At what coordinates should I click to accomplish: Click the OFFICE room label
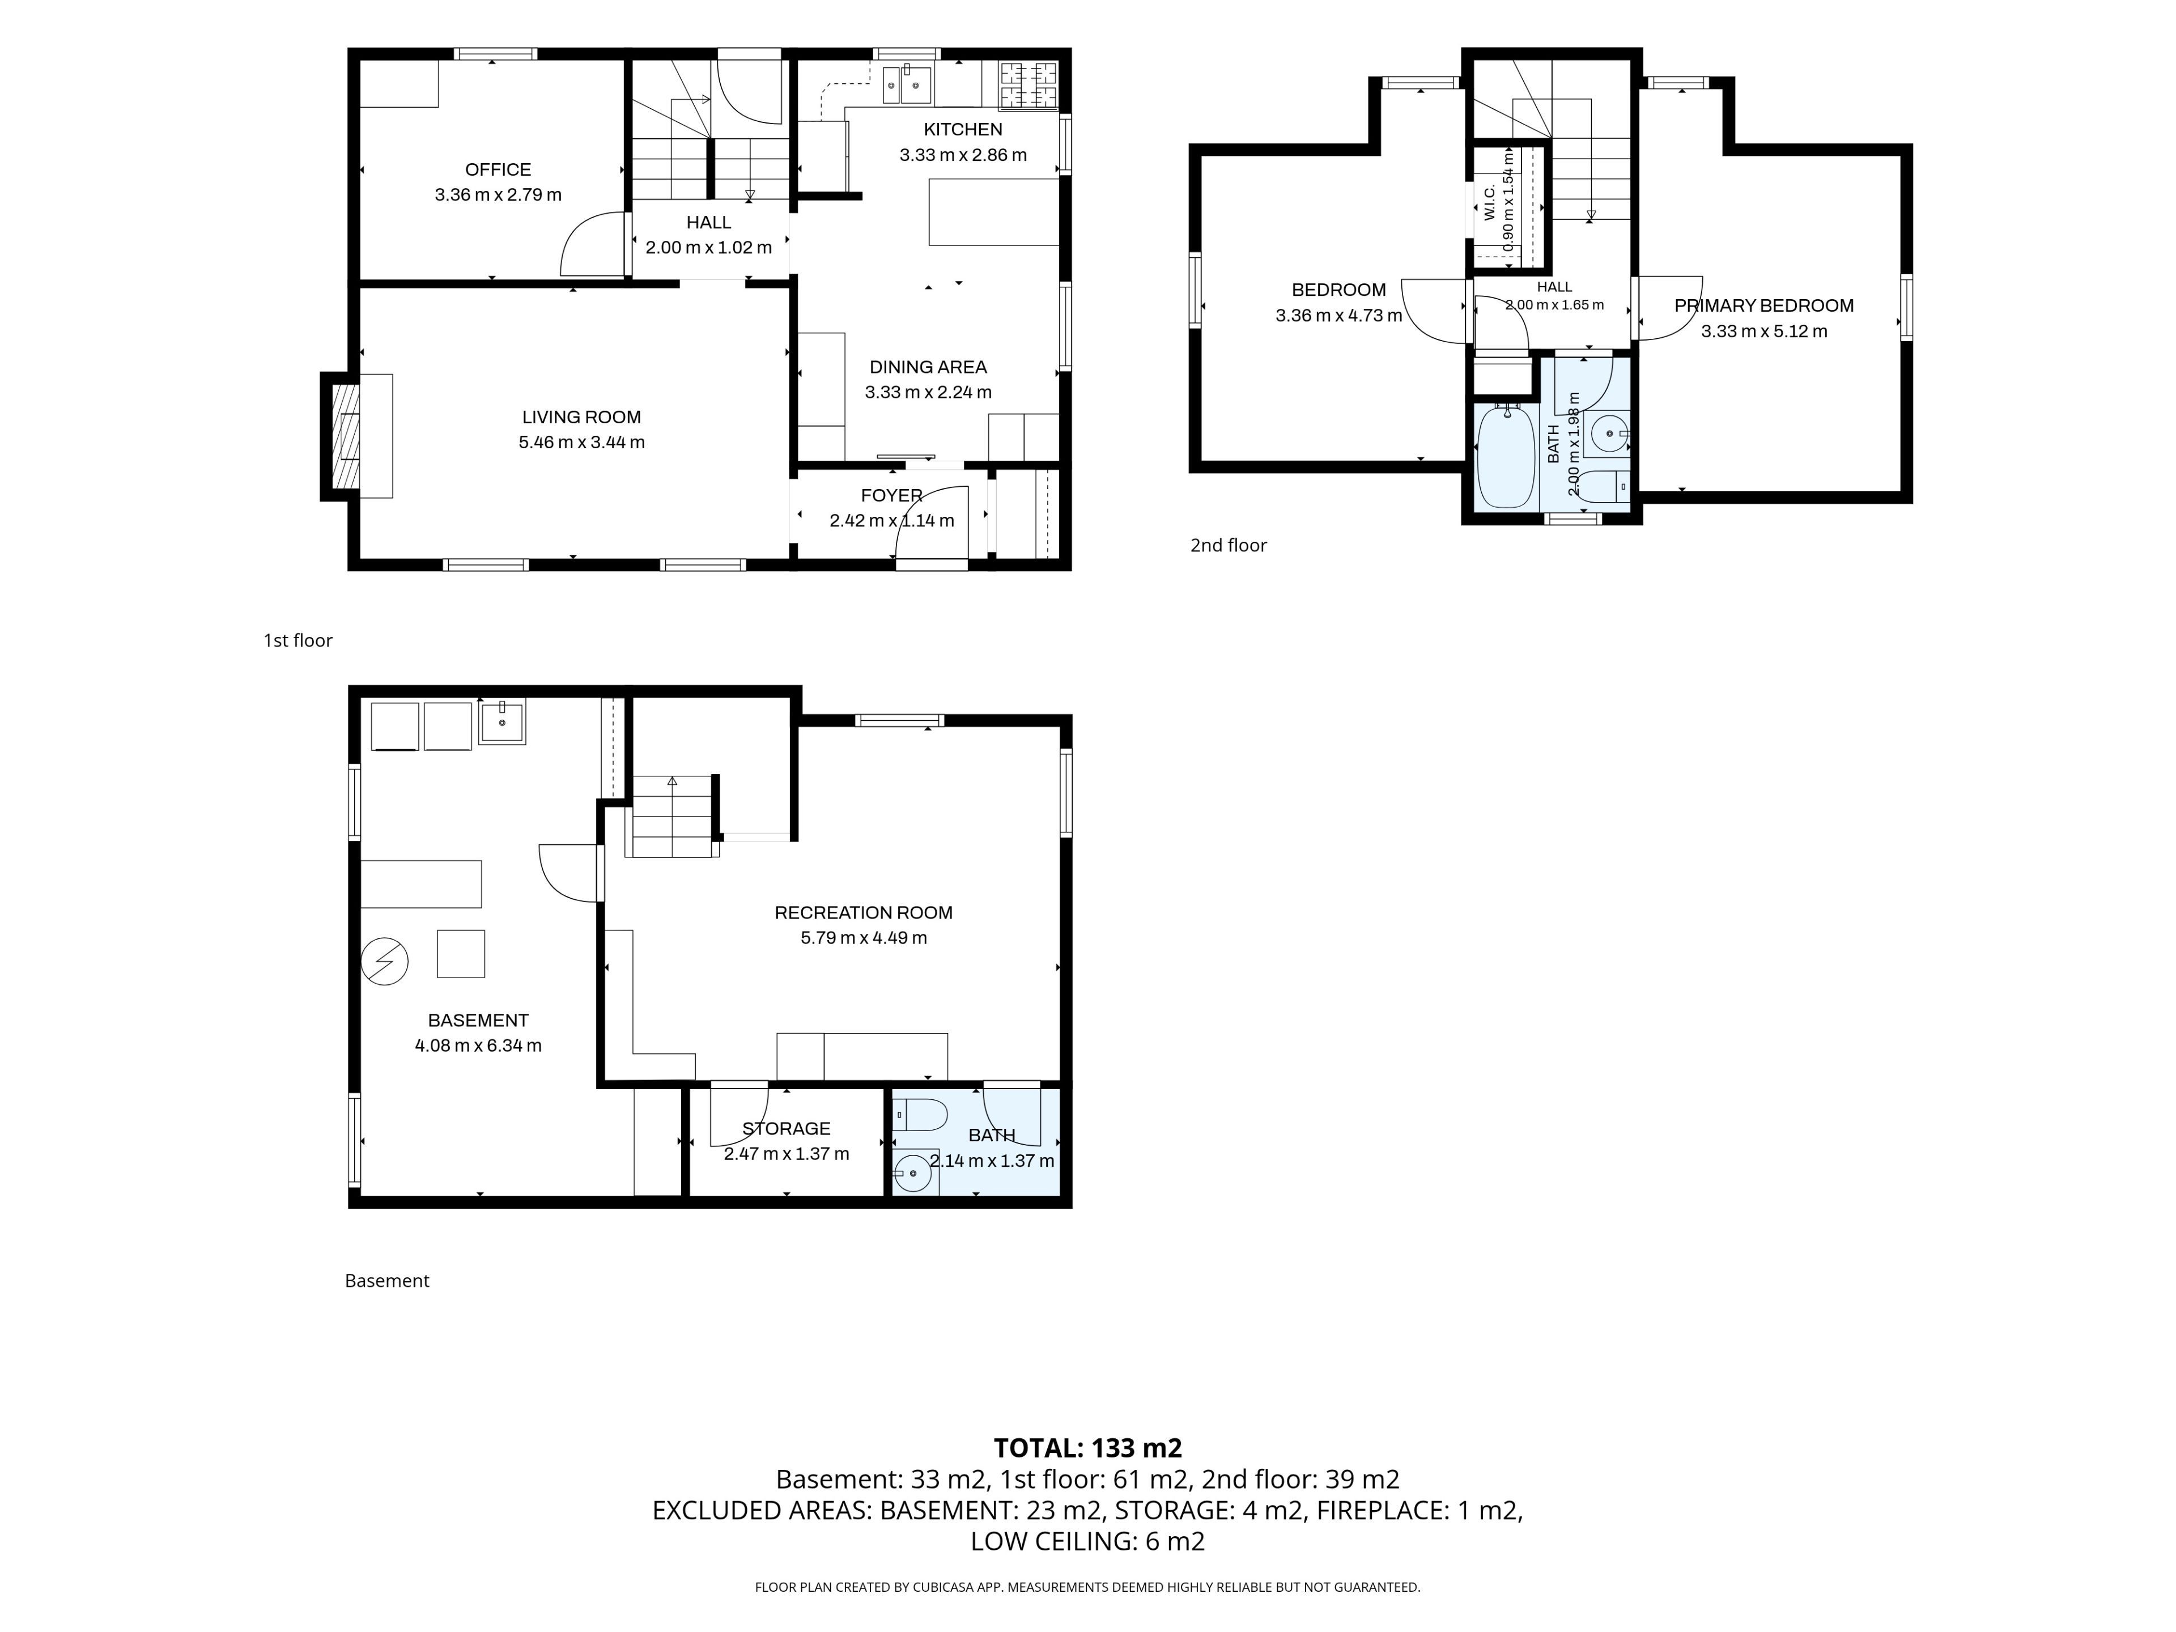498,170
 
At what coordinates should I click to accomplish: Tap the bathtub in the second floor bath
1506,456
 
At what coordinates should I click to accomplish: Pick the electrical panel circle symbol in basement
385,961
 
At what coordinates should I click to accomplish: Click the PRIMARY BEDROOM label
1764,306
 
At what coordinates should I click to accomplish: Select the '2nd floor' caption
1229,545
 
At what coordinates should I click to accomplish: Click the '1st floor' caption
298,640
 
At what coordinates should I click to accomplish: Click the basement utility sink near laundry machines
501,721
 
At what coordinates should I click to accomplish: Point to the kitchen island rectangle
993,211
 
